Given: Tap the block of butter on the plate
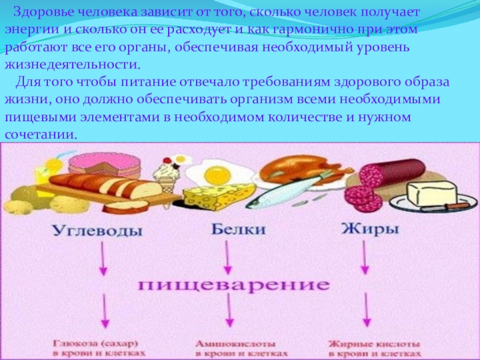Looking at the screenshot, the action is click(430, 193).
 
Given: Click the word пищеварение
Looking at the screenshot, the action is click(235, 284).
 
